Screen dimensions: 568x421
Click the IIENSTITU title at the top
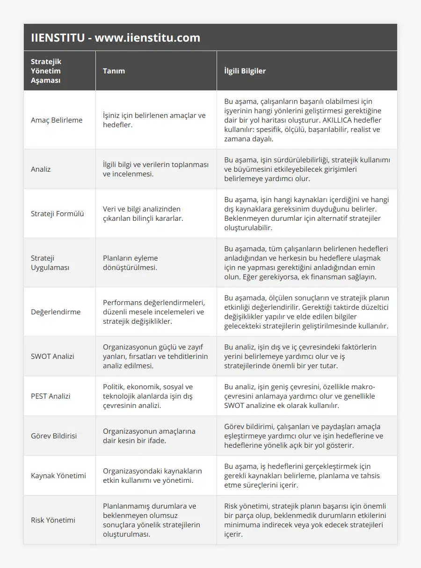[116, 38]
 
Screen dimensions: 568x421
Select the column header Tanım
[114, 71]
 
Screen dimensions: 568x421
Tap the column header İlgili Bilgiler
[245, 71]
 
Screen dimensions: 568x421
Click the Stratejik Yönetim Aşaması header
[46, 71]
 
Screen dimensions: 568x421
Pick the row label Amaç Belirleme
[57, 120]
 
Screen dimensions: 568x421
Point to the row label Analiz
[41, 169]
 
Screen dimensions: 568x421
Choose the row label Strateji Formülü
[58, 214]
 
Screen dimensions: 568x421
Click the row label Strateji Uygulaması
[50, 263]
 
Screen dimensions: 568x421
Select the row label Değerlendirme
[56, 312]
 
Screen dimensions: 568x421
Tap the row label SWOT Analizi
[52, 357]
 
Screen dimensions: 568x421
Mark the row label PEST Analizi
[51, 396]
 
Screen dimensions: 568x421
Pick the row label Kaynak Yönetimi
[58, 476]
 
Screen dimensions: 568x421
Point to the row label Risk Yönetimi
[53, 520]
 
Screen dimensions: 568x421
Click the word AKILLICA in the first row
[333, 120]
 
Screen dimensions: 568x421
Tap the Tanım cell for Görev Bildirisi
[149, 436]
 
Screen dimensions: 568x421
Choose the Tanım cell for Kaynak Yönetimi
[152, 476]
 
